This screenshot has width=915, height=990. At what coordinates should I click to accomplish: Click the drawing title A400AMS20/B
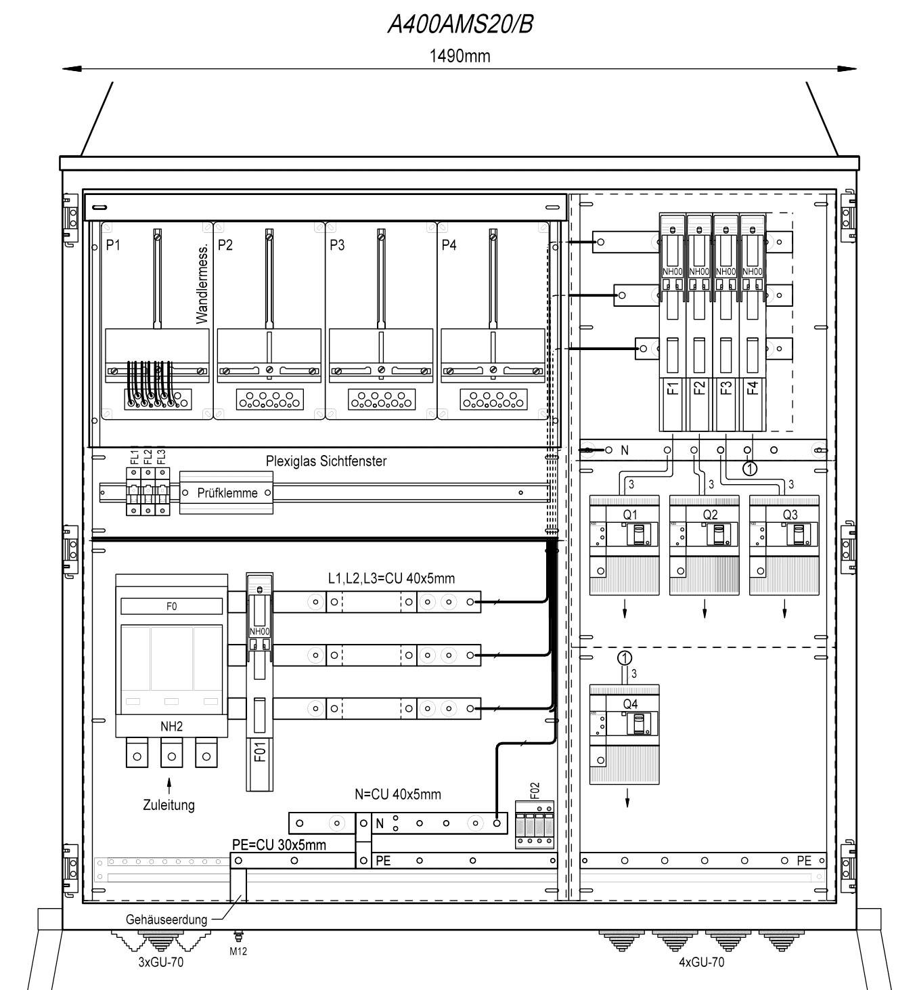click(x=460, y=24)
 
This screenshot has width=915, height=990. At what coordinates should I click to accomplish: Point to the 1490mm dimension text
click(x=460, y=56)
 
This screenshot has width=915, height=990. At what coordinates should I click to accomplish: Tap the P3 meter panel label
click(x=337, y=244)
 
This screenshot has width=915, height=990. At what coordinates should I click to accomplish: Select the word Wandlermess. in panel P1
click(x=202, y=283)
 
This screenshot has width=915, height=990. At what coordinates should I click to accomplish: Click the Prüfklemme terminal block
click(x=226, y=492)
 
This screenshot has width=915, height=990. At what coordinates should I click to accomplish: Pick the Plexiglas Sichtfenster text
click(x=326, y=461)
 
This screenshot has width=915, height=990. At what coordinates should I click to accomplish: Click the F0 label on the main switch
click(x=171, y=606)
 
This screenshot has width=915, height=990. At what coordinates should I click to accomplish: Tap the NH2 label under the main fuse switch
click(x=171, y=727)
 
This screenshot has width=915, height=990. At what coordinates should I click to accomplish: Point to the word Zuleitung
click(x=169, y=804)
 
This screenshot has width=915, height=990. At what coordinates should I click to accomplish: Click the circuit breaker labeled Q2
click(x=705, y=545)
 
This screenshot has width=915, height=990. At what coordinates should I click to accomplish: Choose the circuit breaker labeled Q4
click(x=625, y=734)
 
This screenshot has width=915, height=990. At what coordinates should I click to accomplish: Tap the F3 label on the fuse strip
click(x=726, y=388)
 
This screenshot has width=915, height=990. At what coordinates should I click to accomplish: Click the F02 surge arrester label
click(x=535, y=791)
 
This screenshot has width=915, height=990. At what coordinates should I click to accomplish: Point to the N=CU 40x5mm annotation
click(x=398, y=794)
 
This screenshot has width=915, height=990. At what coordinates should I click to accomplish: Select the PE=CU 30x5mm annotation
click(x=279, y=845)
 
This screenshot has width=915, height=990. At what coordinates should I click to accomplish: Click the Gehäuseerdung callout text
click(x=166, y=919)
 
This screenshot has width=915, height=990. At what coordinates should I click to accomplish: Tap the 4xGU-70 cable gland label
click(x=702, y=962)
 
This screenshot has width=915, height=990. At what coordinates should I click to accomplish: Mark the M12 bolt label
click(x=238, y=951)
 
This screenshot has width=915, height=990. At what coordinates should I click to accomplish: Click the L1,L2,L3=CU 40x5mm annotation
click(x=391, y=578)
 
